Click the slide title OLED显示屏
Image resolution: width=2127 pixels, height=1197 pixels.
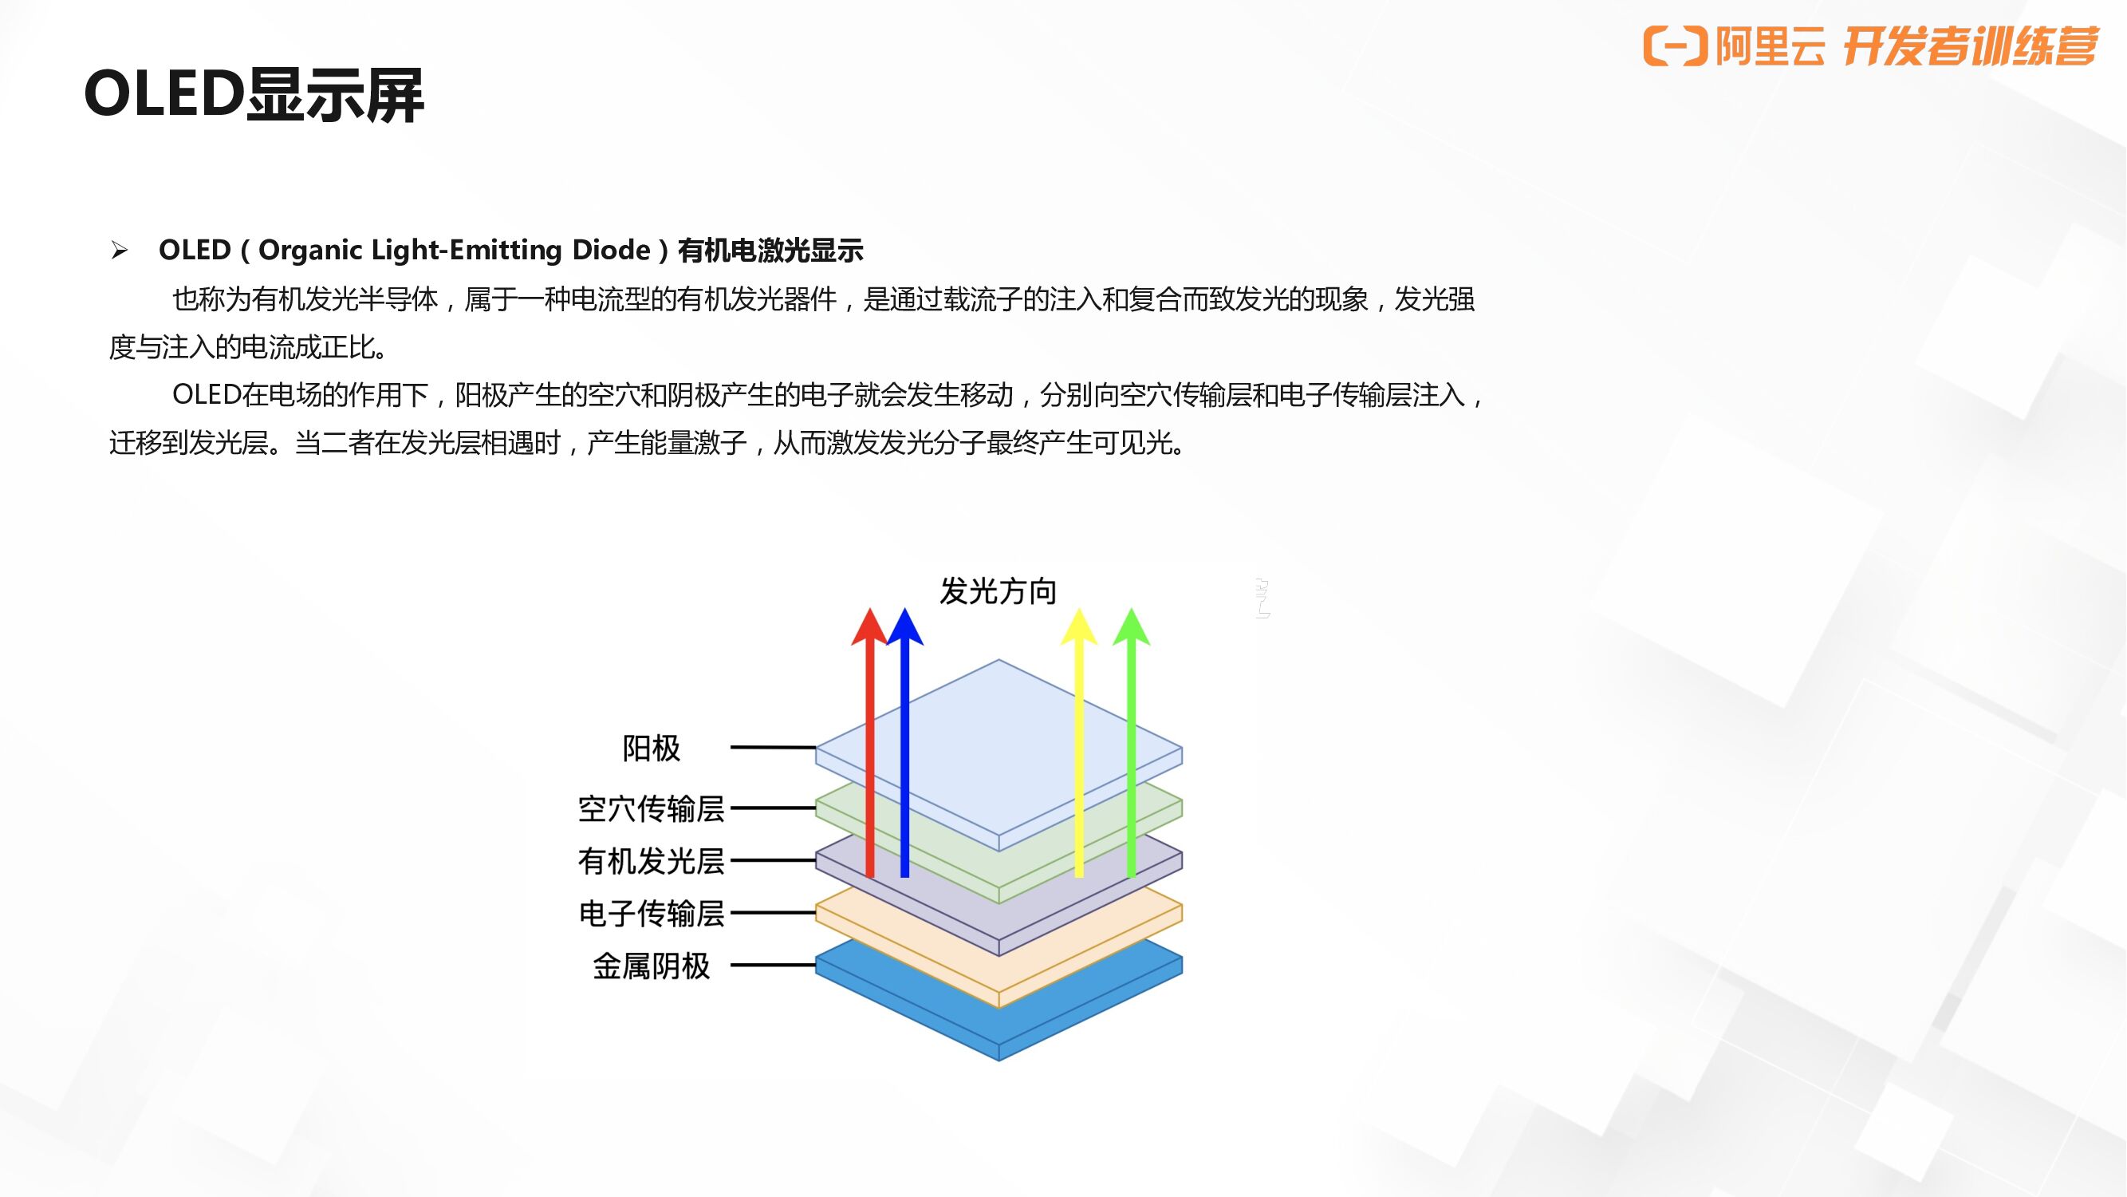254,94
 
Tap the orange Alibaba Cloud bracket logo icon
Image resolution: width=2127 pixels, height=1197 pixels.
1675,45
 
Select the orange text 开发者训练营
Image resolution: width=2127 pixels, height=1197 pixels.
1969,46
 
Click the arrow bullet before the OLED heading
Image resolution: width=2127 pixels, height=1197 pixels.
120,251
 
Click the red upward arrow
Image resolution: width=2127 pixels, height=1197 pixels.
869,744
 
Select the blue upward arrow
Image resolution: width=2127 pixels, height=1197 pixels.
905,744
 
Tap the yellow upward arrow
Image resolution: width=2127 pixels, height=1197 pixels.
1078,744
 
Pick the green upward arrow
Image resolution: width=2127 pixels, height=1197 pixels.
1131,744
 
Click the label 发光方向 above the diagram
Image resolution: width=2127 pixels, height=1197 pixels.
999,591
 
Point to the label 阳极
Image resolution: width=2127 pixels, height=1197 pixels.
652,749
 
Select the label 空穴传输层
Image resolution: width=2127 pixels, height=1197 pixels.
652,808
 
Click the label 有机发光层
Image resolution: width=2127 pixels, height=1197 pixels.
652,861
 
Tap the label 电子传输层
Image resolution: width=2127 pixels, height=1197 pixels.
652,914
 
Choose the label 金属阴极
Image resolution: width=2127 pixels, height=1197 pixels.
652,966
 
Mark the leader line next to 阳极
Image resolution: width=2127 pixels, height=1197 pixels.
773,748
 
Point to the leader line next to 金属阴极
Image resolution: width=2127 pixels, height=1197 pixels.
773,965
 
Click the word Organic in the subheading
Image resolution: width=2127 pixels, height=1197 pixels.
307,250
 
